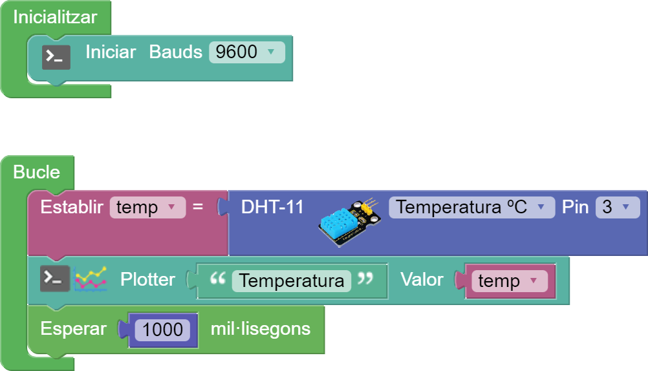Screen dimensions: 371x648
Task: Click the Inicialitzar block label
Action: (x=55, y=17)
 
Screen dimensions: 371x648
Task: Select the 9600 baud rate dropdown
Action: (x=246, y=52)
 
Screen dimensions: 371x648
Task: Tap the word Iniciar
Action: (x=111, y=52)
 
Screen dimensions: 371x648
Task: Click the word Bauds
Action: (x=175, y=52)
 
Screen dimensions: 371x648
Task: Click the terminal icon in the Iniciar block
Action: (x=56, y=58)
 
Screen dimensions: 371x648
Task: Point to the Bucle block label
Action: (x=37, y=173)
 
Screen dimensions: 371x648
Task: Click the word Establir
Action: (x=71, y=207)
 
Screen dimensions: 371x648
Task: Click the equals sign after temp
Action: (x=198, y=207)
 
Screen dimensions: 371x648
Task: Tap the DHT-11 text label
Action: (x=272, y=207)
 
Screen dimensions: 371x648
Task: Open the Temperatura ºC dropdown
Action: (x=471, y=207)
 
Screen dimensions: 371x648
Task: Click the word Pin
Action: (x=575, y=207)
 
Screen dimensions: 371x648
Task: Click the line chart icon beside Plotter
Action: (x=91, y=279)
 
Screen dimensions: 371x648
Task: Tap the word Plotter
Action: (x=147, y=280)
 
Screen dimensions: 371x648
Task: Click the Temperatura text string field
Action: (x=292, y=281)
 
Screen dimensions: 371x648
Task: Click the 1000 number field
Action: (x=162, y=330)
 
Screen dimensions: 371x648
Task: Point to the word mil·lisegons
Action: (x=260, y=329)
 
